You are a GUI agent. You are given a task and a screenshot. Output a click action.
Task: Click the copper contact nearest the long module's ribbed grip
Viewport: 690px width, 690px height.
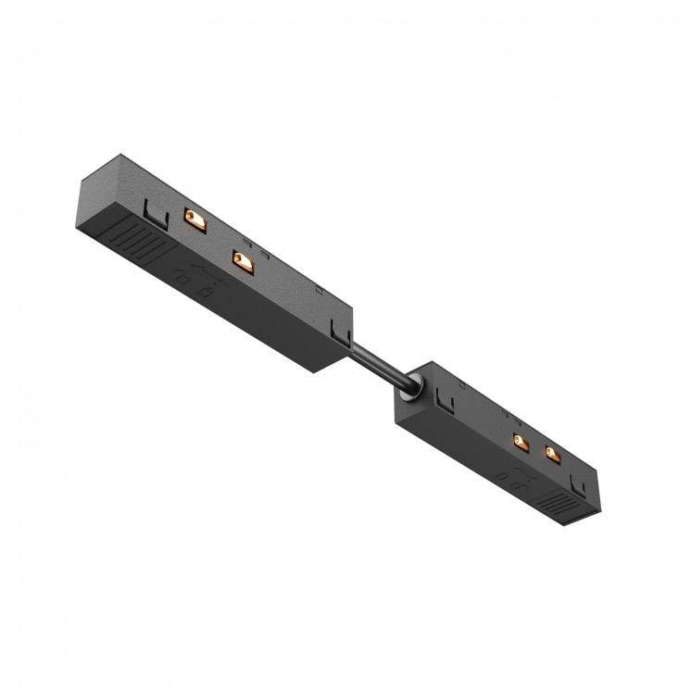[194, 218]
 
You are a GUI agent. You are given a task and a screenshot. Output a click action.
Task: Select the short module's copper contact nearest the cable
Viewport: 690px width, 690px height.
[520, 442]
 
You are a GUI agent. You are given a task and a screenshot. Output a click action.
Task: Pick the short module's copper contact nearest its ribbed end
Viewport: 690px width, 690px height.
[553, 455]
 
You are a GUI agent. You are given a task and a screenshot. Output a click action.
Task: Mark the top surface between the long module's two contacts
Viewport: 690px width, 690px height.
[219, 240]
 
